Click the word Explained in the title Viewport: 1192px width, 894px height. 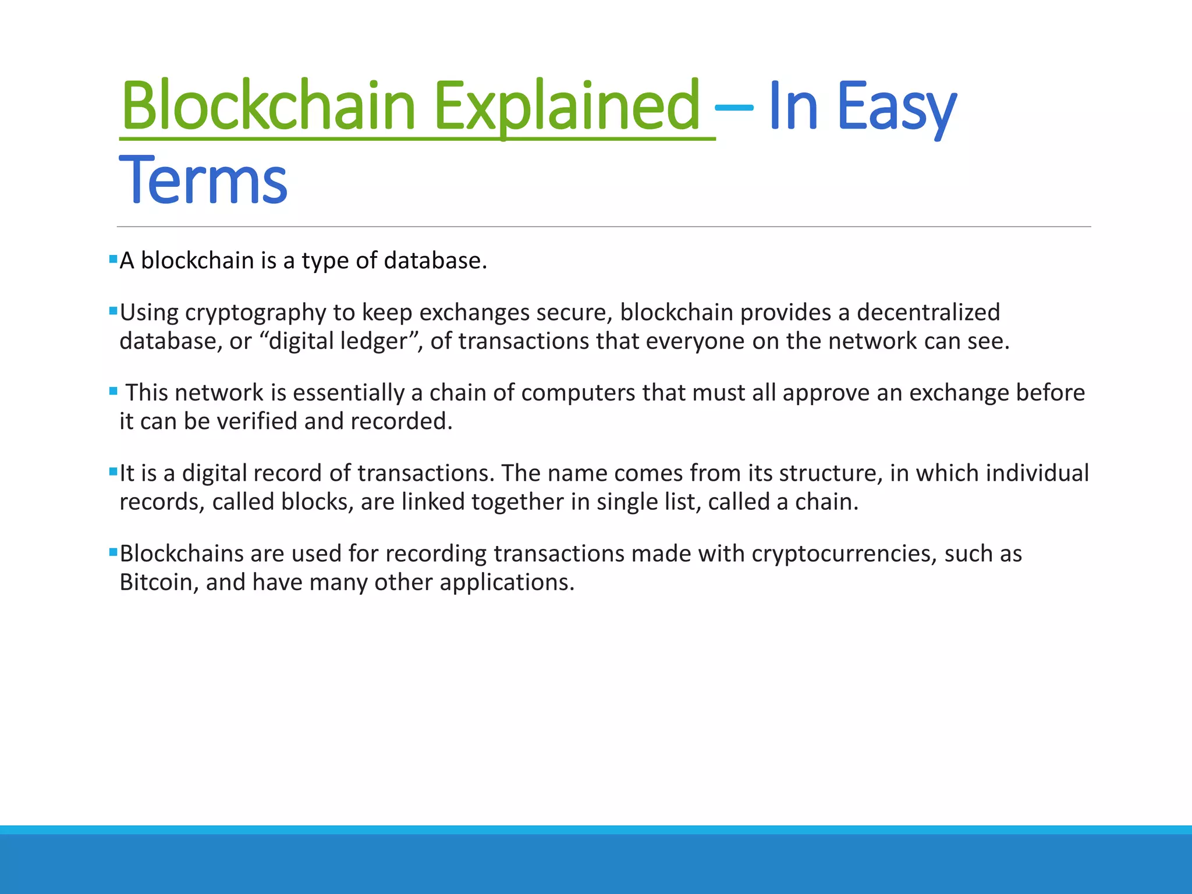tap(567, 106)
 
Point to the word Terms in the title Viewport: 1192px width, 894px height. tap(203, 180)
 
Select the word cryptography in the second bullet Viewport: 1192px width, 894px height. tap(256, 313)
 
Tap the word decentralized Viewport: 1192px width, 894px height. tap(928, 313)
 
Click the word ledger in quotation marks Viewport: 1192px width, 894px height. tap(374, 341)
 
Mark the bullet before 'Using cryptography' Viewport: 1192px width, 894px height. tap(113, 311)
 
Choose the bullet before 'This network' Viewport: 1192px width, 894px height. tap(113, 391)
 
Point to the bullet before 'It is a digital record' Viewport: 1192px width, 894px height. tap(113, 471)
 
